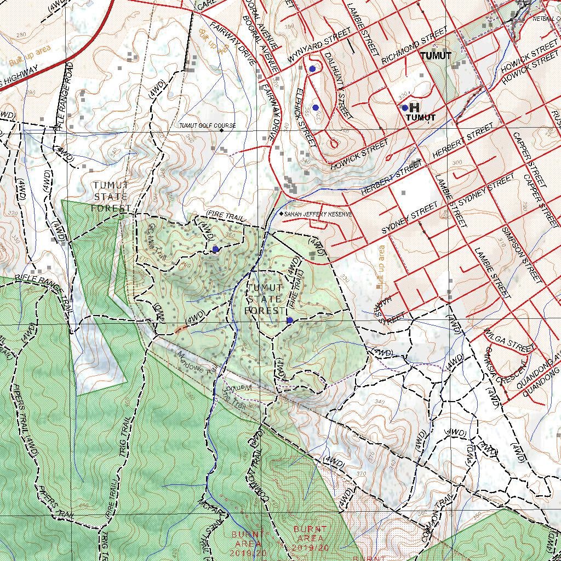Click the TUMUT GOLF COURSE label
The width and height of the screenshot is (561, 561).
coord(208,126)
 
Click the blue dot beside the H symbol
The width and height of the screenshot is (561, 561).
coord(405,108)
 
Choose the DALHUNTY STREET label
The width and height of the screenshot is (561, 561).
coord(336,85)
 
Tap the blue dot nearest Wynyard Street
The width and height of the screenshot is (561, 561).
coord(312,68)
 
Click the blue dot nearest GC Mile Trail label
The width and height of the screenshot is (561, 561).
coord(215,249)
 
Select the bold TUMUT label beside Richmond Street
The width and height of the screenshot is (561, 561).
coord(436,56)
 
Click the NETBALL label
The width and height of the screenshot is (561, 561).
coord(545,18)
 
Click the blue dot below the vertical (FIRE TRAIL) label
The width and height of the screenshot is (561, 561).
coord(289,320)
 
